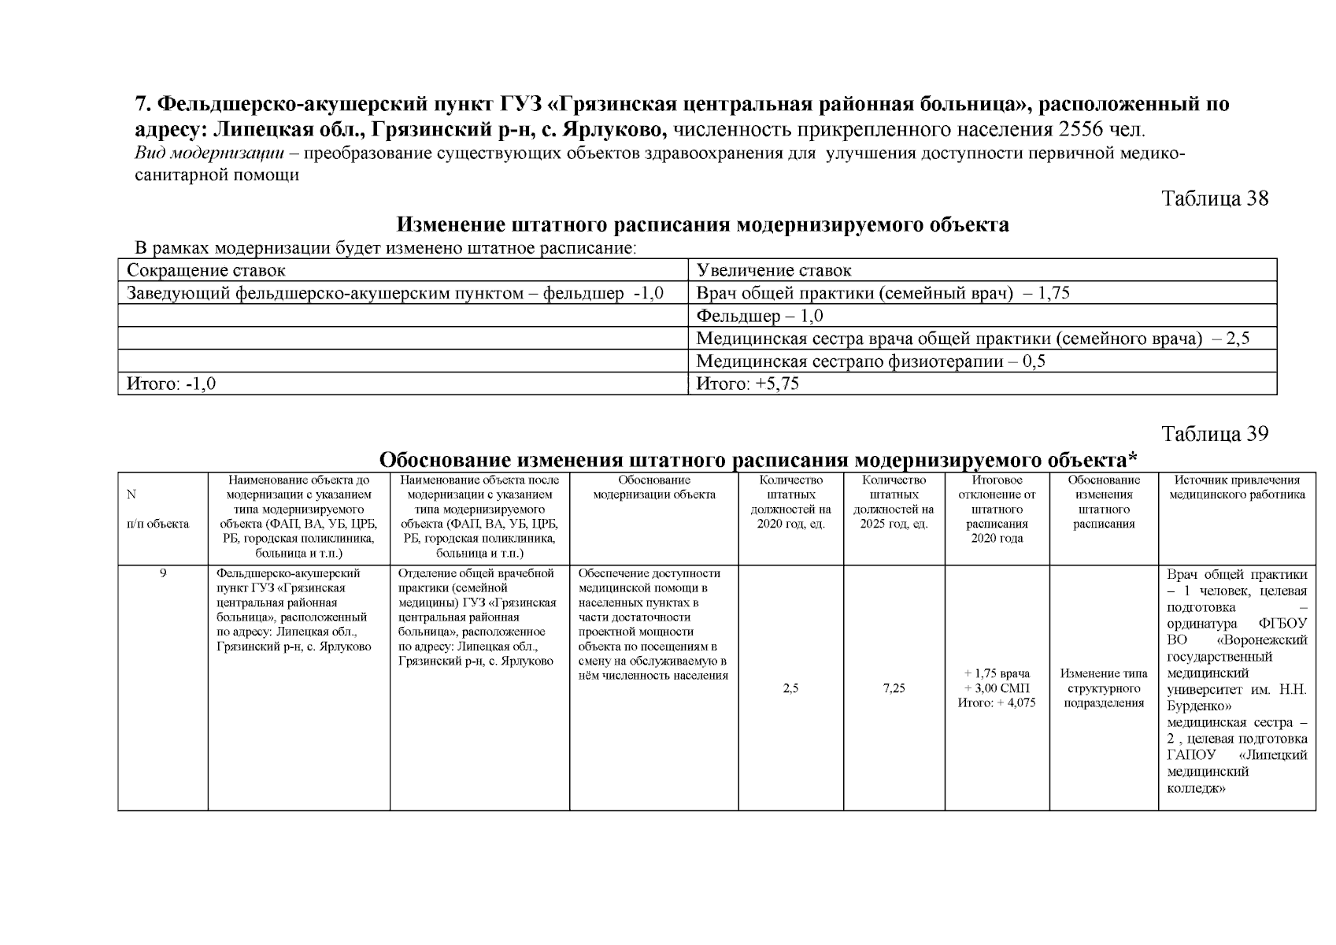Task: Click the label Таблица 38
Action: (1215, 198)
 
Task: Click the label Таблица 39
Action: (1215, 434)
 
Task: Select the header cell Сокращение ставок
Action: (206, 271)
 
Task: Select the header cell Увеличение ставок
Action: (774, 271)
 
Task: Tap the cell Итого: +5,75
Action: (748, 384)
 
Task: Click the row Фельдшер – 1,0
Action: (760, 317)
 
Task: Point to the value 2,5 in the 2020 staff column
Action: (790, 688)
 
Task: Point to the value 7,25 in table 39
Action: (894, 688)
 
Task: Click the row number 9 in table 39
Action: (163, 573)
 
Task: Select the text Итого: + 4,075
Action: (996, 702)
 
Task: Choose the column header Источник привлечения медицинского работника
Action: (1237, 487)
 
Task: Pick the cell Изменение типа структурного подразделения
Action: (1103, 688)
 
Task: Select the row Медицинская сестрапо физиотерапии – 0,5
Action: (871, 362)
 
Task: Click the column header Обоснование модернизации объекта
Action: (653, 487)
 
